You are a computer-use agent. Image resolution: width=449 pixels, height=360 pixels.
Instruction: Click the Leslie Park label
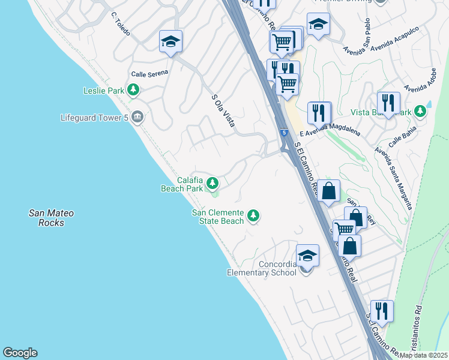coord(103,91)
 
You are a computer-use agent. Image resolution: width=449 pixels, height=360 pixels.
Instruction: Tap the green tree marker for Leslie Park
coord(133,91)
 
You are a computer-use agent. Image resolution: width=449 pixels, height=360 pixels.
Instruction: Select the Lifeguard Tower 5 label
coord(95,118)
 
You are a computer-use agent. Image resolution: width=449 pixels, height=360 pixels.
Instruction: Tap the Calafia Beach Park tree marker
coord(212,183)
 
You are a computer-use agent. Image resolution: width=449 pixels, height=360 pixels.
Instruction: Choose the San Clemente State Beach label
coord(218,217)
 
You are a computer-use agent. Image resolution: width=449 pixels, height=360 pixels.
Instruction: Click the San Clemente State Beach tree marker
coord(253,215)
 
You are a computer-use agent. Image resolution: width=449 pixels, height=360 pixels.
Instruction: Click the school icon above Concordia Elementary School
coord(307,256)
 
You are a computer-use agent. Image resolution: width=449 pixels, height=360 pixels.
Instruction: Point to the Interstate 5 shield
coord(283,132)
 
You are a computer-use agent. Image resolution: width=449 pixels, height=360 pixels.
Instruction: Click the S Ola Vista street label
coord(222,110)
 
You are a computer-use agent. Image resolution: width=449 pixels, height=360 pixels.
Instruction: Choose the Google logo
coord(20,353)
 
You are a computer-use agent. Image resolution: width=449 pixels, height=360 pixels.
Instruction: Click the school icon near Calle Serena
coord(170,41)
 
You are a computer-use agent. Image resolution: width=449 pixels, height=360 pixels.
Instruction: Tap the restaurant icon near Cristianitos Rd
coord(382,311)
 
